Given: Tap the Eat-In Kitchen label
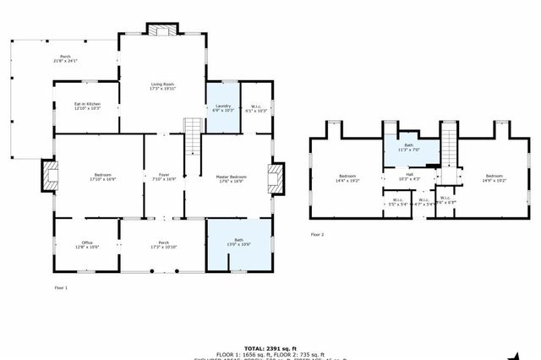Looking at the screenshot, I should click(x=87, y=106).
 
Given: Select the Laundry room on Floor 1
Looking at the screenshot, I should click(x=223, y=107).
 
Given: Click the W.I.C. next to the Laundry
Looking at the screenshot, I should click(x=256, y=107).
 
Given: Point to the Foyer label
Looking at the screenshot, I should click(x=164, y=177).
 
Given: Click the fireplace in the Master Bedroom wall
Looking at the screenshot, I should click(x=275, y=178).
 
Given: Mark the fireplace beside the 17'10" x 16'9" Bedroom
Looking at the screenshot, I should click(x=49, y=177).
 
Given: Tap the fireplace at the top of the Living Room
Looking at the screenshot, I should click(x=163, y=30).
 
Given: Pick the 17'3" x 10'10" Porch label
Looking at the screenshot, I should click(x=164, y=244).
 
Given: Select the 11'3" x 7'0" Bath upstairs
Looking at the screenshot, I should click(x=408, y=147).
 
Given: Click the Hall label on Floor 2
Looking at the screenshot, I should click(x=408, y=177).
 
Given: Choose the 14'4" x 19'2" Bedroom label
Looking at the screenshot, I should click(x=348, y=178).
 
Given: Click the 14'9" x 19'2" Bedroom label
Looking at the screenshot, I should click(x=494, y=177).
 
